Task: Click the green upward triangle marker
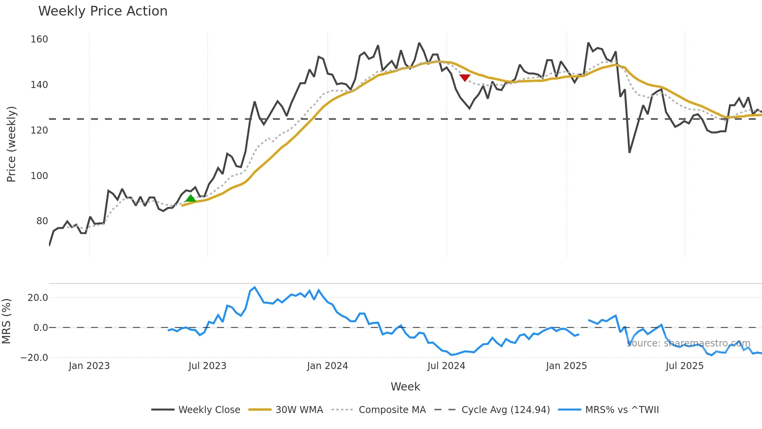(x=190, y=199)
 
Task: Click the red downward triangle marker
(x=465, y=77)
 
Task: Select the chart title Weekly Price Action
(x=103, y=11)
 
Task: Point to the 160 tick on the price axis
(x=39, y=39)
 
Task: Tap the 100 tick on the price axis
(x=39, y=176)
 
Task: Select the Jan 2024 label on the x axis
(x=327, y=366)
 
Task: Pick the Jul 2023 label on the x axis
(x=207, y=366)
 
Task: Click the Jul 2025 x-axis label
(x=684, y=366)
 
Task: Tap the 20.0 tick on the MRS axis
(x=38, y=298)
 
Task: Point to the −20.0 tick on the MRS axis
(x=34, y=357)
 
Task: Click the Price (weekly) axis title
(x=11, y=144)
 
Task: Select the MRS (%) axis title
(x=7, y=321)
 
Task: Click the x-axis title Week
(x=405, y=387)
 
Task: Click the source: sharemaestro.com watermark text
(x=688, y=343)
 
